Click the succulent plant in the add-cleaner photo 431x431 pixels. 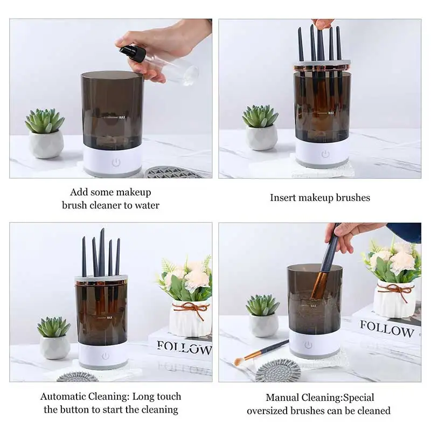click(x=45, y=121)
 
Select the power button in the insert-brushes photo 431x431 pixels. click(x=325, y=154)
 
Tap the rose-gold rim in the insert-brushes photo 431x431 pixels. click(x=322, y=67)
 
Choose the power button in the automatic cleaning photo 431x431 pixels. click(x=105, y=356)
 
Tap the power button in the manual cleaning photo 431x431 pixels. click(x=308, y=345)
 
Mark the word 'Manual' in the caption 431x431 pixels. click(x=282, y=398)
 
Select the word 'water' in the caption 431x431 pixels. click(x=147, y=205)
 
